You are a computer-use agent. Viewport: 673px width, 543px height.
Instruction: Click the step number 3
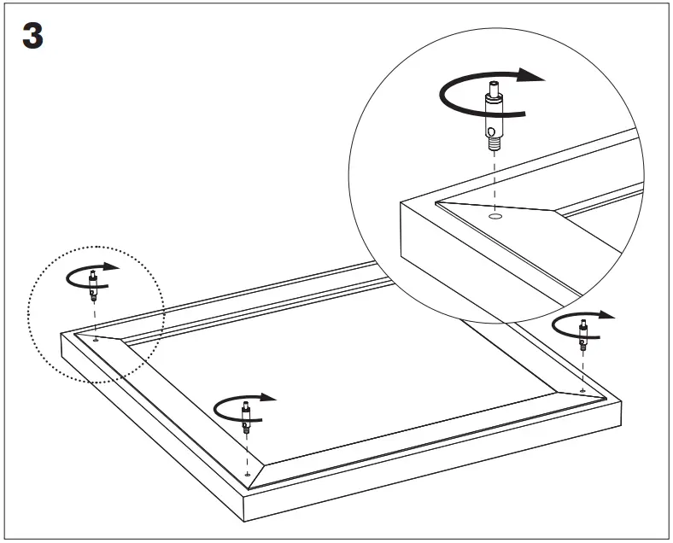[32, 36]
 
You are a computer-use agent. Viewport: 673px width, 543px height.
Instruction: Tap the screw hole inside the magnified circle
[496, 216]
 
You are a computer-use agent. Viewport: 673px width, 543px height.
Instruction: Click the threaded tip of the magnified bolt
[495, 143]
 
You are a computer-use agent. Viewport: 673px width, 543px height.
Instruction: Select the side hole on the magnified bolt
[491, 132]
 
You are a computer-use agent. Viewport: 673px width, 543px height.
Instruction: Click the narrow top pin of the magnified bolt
[494, 88]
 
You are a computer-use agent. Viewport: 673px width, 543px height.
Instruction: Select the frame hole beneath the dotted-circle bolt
[96, 340]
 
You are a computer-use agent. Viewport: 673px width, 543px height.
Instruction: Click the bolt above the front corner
[246, 417]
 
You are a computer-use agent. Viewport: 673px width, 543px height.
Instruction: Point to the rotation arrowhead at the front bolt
[268, 397]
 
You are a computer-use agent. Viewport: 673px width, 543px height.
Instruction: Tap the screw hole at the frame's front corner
[247, 475]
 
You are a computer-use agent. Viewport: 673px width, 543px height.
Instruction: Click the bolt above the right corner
[582, 334]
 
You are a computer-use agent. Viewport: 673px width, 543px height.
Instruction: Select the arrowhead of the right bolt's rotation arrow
[606, 315]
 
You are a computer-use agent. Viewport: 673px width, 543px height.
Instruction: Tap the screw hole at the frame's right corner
[582, 391]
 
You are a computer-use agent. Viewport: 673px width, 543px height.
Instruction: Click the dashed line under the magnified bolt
[495, 180]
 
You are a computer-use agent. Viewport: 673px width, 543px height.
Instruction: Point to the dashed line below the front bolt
[247, 452]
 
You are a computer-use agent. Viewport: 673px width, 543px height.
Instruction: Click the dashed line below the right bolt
[582, 370]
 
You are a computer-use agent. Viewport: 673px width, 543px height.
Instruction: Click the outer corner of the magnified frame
[401, 203]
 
